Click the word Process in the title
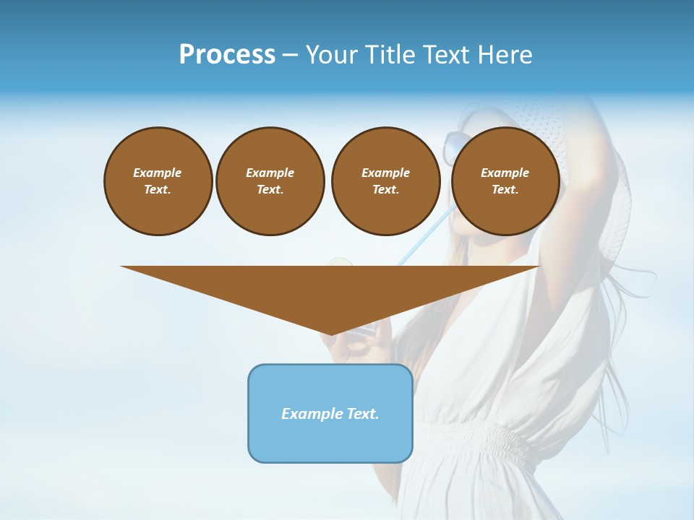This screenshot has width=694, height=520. click(x=227, y=55)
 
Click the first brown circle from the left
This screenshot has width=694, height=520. click(x=158, y=181)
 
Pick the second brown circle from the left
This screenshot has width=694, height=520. click(x=270, y=181)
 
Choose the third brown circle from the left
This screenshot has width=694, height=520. click(x=385, y=181)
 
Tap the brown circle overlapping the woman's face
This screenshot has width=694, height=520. click(x=505, y=181)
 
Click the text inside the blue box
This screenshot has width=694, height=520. click(x=330, y=414)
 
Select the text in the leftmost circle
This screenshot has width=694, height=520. click(x=158, y=181)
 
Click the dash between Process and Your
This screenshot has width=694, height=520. click(x=290, y=55)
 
